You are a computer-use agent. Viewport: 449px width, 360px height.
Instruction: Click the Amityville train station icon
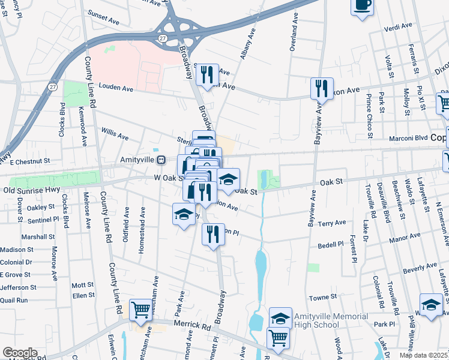(x=161, y=160)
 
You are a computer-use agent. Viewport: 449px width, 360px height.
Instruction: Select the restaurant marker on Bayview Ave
(x=322, y=89)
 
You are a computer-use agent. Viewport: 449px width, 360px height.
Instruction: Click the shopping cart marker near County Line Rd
(x=140, y=310)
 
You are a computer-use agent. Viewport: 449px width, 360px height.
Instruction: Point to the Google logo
(x=19, y=352)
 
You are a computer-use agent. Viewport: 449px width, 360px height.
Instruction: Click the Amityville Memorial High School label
(x=330, y=320)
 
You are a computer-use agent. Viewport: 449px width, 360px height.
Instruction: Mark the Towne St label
(x=322, y=298)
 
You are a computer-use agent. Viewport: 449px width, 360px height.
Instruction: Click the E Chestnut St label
(x=29, y=162)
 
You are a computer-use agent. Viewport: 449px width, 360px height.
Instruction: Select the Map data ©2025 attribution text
(x=425, y=355)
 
